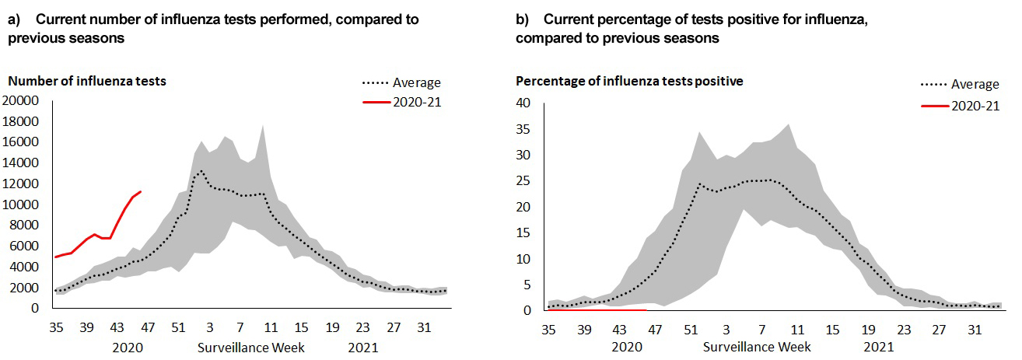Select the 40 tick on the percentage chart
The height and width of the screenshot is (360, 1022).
click(x=523, y=103)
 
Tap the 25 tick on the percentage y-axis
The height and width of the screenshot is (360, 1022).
click(x=523, y=181)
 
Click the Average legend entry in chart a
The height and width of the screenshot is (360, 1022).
click(x=416, y=83)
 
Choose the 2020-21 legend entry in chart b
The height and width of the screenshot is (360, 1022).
click(x=975, y=106)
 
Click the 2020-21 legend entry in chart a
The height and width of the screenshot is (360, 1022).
click(x=416, y=102)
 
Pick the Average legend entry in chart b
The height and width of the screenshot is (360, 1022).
click(x=975, y=84)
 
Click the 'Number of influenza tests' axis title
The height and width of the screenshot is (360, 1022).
click(x=86, y=81)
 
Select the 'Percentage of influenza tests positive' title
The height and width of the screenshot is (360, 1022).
click(x=629, y=81)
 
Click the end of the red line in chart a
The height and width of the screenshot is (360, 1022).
click(x=140, y=191)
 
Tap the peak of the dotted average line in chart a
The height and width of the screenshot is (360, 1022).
click(x=201, y=170)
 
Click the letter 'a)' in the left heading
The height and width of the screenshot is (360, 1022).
click(x=13, y=19)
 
